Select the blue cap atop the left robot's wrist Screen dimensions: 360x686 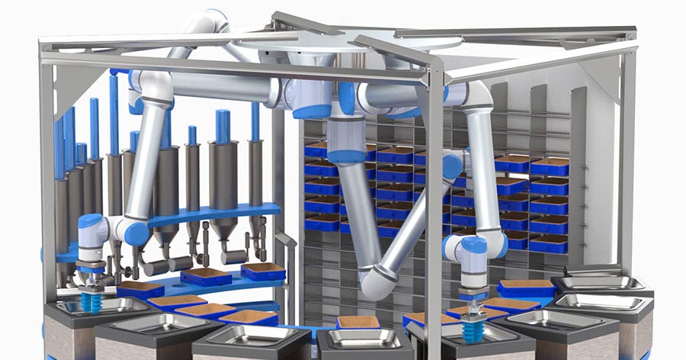coord(91,223)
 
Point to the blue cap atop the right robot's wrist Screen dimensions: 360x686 coord(473,244)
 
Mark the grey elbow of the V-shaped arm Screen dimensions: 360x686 coord(379,282)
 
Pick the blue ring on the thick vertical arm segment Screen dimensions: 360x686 coord(346,156)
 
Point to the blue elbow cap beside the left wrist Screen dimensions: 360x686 coord(137,233)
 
